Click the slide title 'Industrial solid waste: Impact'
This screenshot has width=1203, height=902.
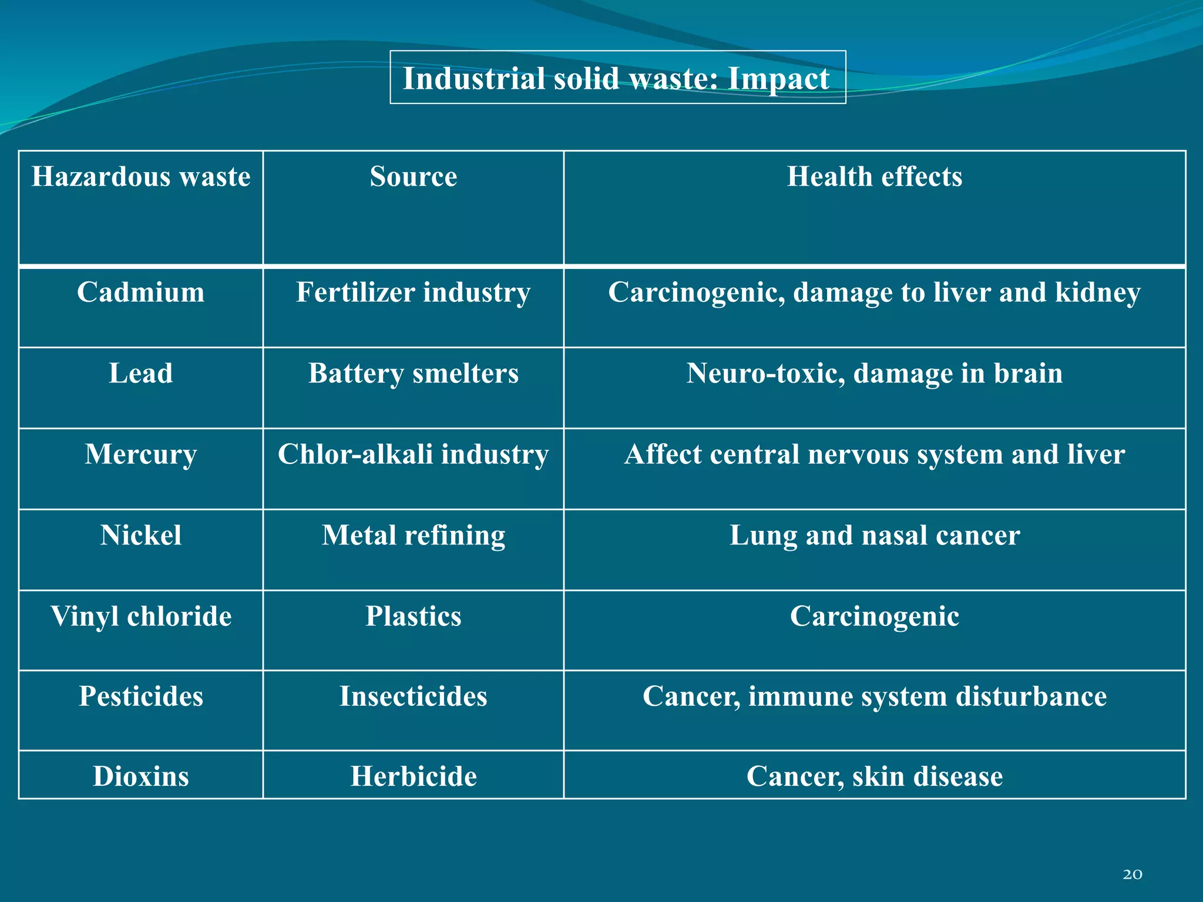[x=617, y=78]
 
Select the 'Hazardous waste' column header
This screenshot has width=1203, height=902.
[x=141, y=177]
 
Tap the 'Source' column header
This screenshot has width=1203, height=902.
[x=413, y=177]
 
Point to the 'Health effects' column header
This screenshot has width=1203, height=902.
[x=874, y=177]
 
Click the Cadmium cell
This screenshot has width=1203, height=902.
[x=141, y=292]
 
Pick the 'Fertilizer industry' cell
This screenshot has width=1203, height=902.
[x=413, y=292]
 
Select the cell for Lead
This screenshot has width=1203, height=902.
[x=141, y=373]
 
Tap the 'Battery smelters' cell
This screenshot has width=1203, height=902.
[x=413, y=373]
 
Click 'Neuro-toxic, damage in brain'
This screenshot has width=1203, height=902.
[x=874, y=373]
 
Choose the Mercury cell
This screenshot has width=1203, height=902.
[x=141, y=455]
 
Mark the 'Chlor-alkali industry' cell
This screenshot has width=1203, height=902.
[x=413, y=455]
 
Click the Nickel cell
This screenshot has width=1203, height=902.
[x=141, y=536]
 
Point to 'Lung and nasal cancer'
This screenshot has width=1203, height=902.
[x=874, y=536]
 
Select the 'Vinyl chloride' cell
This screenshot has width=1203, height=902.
[x=141, y=617]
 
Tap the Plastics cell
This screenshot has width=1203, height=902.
[x=413, y=617]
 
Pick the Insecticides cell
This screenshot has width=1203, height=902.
[x=413, y=696]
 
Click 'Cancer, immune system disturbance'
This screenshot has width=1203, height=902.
[x=874, y=696]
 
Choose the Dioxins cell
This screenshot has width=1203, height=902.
[x=141, y=776]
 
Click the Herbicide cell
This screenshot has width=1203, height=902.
[x=413, y=776]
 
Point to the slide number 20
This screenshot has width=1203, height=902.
[x=1132, y=874]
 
